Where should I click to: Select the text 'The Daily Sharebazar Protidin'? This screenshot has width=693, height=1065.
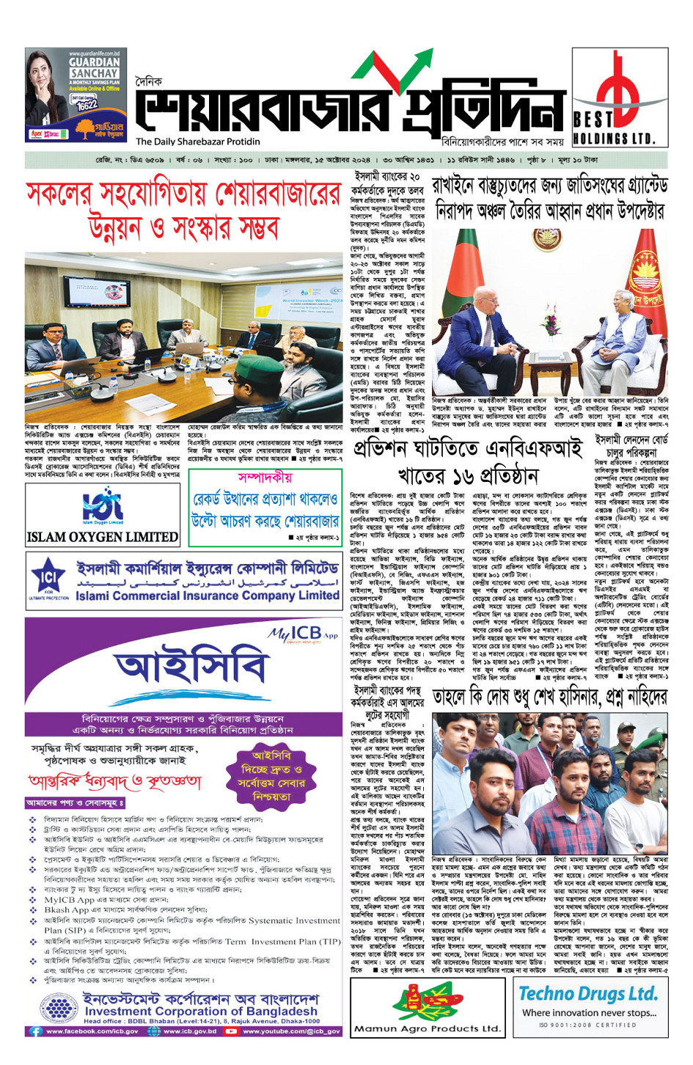(x=198, y=142)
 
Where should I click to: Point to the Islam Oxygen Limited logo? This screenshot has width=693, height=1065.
(x=103, y=515)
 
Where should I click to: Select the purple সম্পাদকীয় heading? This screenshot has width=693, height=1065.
(x=265, y=477)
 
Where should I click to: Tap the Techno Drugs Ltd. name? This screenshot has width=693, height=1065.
(x=588, y=994)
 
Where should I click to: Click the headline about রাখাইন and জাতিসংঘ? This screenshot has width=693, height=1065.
(x=549, y=198)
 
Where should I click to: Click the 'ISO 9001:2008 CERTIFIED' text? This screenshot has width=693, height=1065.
(x=587, y=1025)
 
